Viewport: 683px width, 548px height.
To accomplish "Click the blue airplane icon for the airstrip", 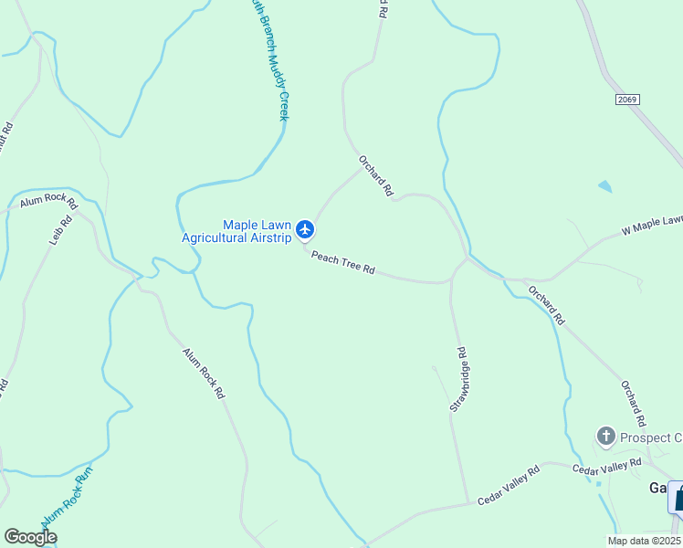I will click(x=305, y=228).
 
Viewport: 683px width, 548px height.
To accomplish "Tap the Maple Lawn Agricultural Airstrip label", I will click(x=236, y=232).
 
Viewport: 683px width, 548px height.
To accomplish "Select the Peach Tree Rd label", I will click(x=343, y=263).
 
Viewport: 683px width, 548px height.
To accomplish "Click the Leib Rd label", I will click(x=59, y=234).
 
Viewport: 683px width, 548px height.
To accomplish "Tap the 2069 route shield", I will click(x=627, y=100).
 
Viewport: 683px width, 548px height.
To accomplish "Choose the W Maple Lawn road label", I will click(x=652, y=225).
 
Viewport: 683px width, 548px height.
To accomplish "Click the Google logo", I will click(x=30, y=537).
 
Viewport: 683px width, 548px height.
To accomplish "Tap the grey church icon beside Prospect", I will click(x=604, y=437).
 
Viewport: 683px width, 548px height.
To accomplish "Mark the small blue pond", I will click(x=604, y=187).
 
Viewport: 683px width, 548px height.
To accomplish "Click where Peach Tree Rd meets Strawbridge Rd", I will click(x=450, y=282).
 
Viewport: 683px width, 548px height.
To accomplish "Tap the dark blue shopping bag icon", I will click(x=678, y=498).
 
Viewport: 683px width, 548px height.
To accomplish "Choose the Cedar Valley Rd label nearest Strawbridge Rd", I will click(x=509, y=485).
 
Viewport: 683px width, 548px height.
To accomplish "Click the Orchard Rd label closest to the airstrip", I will click(x=375, y=174).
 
